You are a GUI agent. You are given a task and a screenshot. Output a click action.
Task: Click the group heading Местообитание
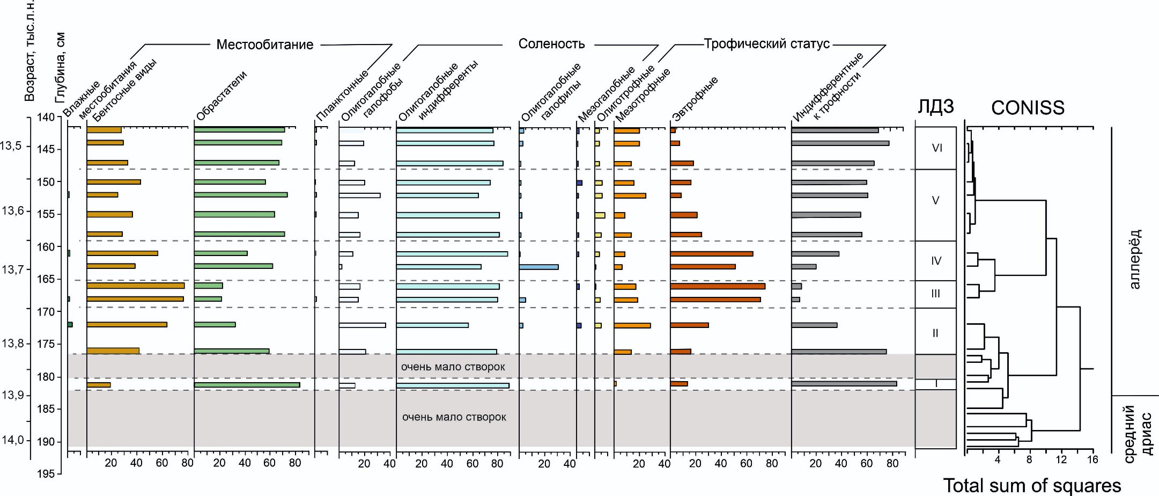[x=264, y=45]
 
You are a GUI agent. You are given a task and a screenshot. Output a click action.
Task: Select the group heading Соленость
[x=551, y=44]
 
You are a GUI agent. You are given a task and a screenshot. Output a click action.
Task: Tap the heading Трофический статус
[x=766, y=44]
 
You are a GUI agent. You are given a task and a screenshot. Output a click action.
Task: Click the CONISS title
[x=1027, y=108]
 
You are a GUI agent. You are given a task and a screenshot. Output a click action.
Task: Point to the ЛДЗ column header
[x=935, y=107]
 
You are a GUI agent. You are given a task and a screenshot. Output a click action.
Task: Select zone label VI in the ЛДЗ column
[x=936, y=148]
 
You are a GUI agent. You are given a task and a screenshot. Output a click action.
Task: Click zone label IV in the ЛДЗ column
[x=936, y=261]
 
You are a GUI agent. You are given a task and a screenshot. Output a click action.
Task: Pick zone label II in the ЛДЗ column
[x=935, y=333]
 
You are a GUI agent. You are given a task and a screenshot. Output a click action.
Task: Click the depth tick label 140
[x=46, y=117]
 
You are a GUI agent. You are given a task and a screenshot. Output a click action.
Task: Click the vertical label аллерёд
[x=1134, y=259]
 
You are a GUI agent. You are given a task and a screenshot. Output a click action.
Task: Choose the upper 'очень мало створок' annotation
[x=453, y=367]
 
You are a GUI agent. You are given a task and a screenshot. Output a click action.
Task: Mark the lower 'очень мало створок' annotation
[x=454, y=417]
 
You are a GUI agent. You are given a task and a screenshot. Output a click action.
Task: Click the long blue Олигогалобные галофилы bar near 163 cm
[x=538, y=267]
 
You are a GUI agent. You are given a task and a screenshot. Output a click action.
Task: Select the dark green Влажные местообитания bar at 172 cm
[x=70, y=324]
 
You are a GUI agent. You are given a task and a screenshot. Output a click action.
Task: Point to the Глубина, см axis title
[x=60, y=67]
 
